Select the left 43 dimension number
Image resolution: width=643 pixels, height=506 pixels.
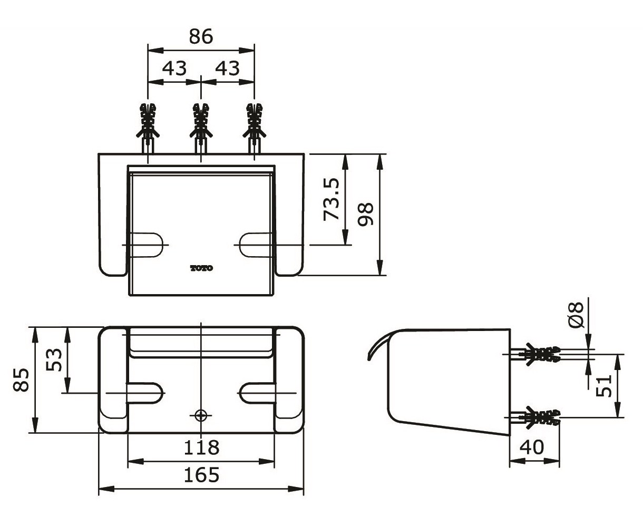[x=174, y=68]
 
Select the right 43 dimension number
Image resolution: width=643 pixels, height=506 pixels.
[x=227, y=68]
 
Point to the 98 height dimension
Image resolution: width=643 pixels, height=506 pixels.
[x=365, y=213]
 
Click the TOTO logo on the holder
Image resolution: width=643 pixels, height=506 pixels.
[x=201, y=268]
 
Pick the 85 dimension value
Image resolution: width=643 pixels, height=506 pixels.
[x=22, y=379]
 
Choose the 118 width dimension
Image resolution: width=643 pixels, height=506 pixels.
[x=201, y=448]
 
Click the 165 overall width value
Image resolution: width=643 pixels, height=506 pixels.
[x=201, y=475]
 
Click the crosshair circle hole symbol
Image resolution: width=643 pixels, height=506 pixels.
[x=200, y=415]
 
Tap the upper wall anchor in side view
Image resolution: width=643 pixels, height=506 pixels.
[x=538, y=354]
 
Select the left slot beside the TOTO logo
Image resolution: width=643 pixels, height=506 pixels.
[x=146, y=245]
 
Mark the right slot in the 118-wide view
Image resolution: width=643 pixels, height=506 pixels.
[x=256, y=393]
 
